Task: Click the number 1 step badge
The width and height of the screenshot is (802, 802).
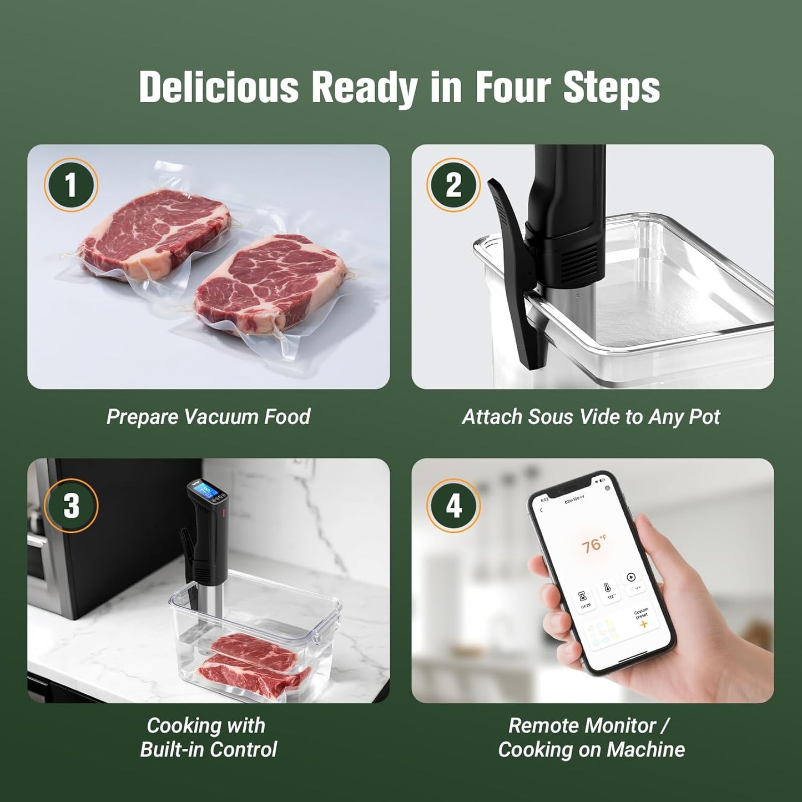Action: [71, 185]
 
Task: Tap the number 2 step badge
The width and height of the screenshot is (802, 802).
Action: [453, 185]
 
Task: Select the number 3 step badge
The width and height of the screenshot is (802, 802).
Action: [71, 506]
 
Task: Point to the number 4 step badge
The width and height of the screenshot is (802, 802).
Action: [453, 506]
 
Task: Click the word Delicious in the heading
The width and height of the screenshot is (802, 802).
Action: [219, 87]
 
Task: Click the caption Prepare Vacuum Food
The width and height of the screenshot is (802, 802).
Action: [208, 417]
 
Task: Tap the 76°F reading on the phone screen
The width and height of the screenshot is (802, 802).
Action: [592, 545]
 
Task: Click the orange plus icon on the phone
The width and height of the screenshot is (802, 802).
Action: [643, 624]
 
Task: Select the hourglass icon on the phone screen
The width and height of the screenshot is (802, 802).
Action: [583, 596]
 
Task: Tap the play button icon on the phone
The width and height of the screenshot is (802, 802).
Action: [631, 577]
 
